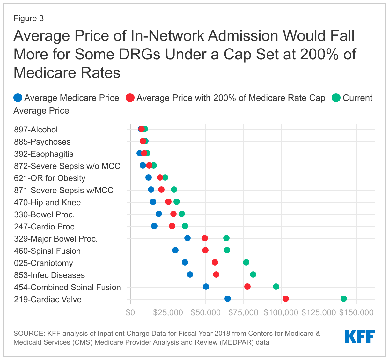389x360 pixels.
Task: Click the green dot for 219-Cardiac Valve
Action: [343, 299]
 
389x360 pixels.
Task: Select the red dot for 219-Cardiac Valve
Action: [286, 299]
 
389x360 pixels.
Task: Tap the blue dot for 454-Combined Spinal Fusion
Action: [206, 287]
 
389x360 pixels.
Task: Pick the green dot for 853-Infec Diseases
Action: [253, 274]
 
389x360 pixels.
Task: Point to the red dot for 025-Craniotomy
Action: [215, 262]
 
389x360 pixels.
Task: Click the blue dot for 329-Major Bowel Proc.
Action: [187, 238]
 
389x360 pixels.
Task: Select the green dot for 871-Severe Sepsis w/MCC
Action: [174, 190]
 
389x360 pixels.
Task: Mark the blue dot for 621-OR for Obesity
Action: [149, 177]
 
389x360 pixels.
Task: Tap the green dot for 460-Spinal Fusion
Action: [227, 250]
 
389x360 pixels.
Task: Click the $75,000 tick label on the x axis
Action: [243, 312]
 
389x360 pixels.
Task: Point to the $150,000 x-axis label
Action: [356, 312]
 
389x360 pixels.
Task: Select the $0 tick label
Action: [130, 312]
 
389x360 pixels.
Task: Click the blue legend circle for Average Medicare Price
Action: [18, 98]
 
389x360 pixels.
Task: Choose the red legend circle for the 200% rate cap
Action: [130, 98]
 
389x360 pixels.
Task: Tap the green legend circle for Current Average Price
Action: [336, 98]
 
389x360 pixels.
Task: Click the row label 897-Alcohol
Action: [36, 130]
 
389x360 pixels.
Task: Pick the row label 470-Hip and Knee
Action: [47, 202]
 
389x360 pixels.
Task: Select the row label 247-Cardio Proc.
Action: [45, 227]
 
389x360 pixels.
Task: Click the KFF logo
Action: [360, 336]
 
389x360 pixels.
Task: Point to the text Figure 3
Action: [29, 18]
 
